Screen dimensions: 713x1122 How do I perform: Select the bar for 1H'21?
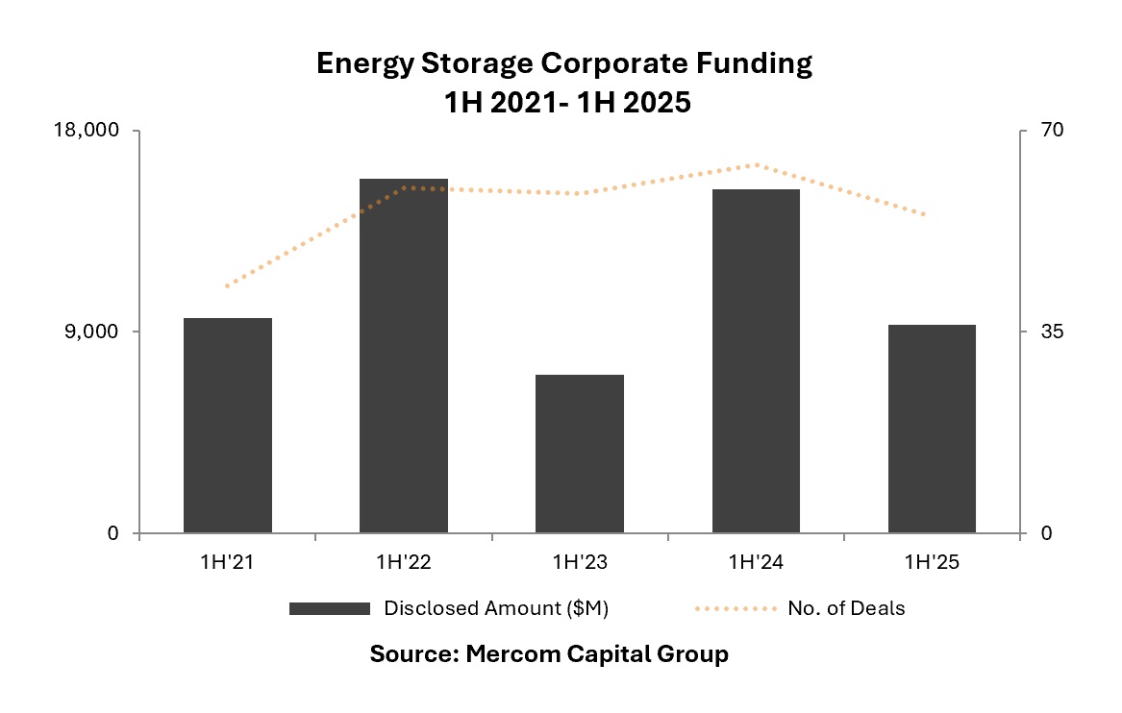tap(228, 425)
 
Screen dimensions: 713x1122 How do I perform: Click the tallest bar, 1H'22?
tap(404, 356)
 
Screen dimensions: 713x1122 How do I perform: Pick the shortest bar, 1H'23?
tap(580, 454)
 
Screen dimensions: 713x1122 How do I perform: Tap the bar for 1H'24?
tap(756, 360)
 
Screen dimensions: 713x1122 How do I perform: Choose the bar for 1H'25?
tap(932, 429)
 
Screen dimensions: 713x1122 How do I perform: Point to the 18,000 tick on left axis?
tap(93, 131)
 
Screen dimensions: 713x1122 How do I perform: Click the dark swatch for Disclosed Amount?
tap(329, 608)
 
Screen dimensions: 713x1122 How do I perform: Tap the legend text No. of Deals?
tap(846, 608)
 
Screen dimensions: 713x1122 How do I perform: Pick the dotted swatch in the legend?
tap(733, 608)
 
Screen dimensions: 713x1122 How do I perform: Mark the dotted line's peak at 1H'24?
tap(756, 164)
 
